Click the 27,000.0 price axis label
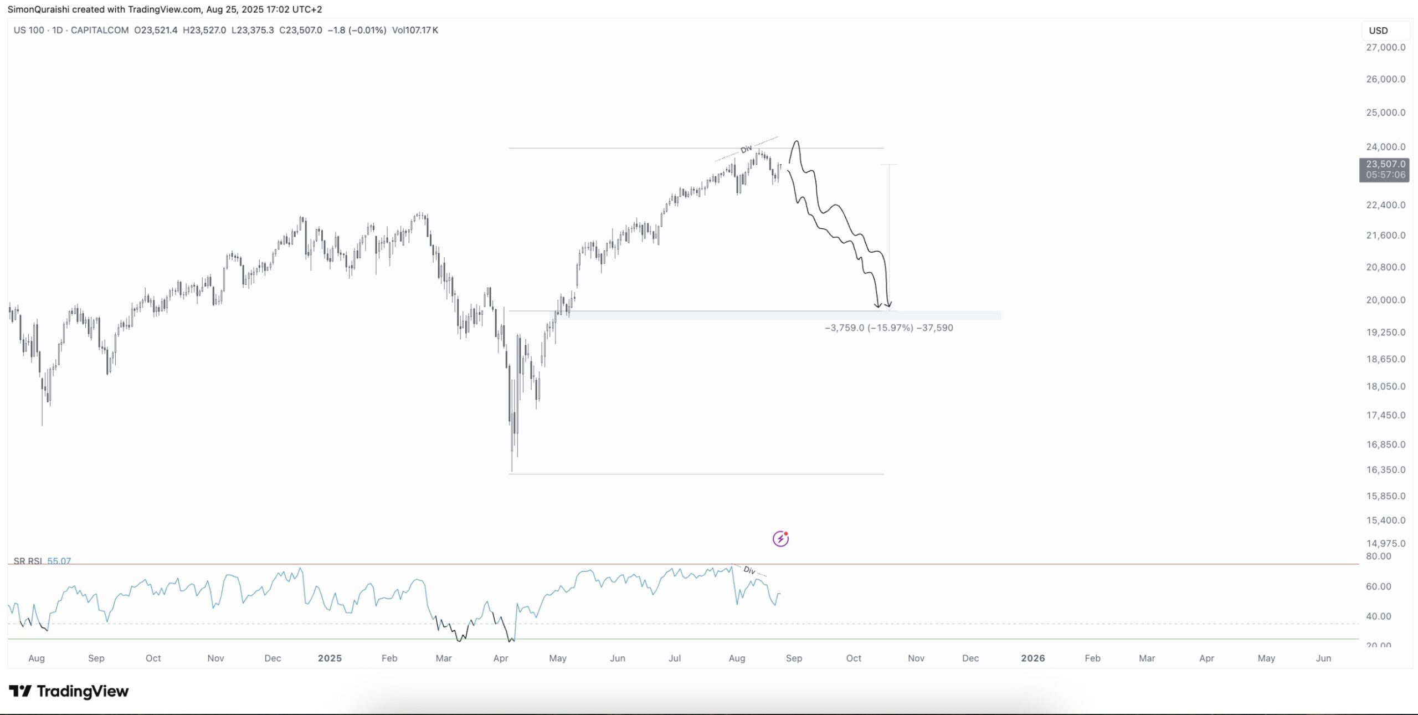pos(1385,48)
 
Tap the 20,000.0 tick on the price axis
pos(1385,300)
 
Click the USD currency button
pos(1378,31)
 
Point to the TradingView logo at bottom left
pos(69,691)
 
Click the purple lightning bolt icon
pos(780,539)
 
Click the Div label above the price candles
pos(746,149)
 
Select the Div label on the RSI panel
pos(749,570)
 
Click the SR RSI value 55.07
pos(59,561)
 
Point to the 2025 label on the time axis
pos(330,658)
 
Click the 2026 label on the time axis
pos(1032,658)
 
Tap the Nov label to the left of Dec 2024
pos(215,658)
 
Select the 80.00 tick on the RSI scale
pos(1378,556)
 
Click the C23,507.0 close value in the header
pos(300,30)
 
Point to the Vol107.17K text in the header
pos(415,30)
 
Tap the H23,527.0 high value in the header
pos(204,30)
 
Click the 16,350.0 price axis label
pos(1385,470)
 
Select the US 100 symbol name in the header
pos(29,30)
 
